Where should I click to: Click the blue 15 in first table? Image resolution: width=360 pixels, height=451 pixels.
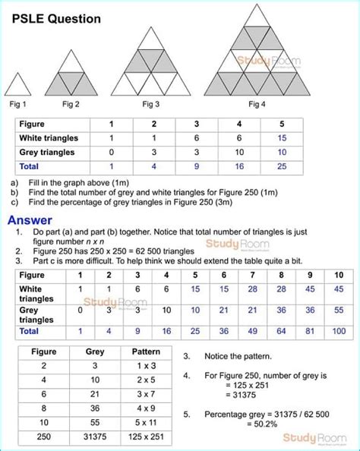coord(282,137)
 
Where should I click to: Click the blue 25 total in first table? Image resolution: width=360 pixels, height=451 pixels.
coord(282,165)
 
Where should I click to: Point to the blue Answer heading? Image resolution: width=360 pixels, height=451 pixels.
coord(30,220)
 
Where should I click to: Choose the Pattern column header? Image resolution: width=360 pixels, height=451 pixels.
coord(146,352)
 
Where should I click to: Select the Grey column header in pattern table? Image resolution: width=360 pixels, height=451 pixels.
coord(95,352)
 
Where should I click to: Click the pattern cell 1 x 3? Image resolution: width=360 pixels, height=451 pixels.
coord(146,368)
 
